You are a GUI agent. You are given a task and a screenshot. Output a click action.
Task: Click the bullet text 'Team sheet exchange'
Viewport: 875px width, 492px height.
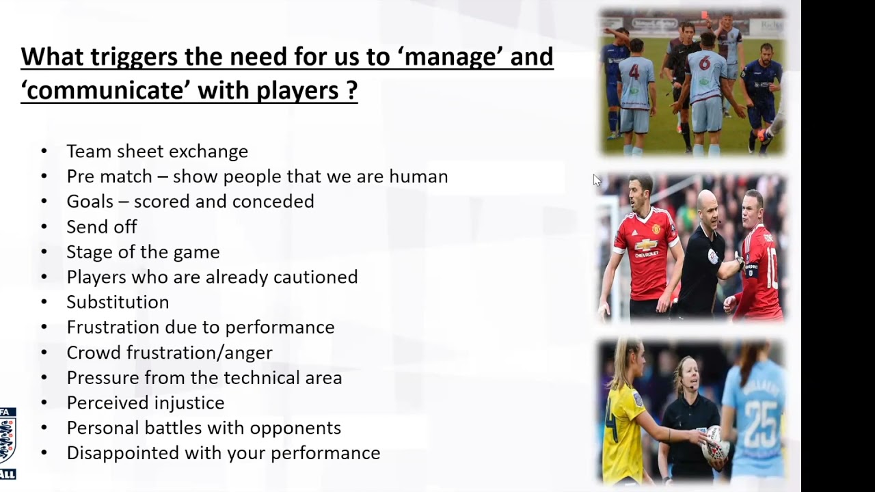click(157, 151)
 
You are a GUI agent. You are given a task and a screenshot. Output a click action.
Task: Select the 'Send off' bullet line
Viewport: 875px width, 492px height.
click(101, 227)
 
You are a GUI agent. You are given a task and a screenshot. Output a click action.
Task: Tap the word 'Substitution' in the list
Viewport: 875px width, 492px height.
click(118, 302)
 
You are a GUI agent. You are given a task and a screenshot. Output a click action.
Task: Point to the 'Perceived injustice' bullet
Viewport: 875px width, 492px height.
click(145, 402)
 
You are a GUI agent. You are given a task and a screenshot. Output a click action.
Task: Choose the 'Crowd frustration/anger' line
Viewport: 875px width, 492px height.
click(169, 353)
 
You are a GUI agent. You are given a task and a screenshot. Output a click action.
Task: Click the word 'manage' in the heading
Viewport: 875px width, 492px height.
click(450, 57)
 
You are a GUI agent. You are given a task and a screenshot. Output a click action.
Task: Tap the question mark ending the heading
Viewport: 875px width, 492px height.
click(351, 90)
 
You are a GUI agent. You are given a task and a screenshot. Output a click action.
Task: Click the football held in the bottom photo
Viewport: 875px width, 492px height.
click(714, 445)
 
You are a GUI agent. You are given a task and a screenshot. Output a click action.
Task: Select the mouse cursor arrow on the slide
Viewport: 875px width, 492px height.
click(597, 180)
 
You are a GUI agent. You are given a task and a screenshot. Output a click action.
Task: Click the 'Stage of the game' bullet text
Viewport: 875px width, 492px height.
click(143, 252)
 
